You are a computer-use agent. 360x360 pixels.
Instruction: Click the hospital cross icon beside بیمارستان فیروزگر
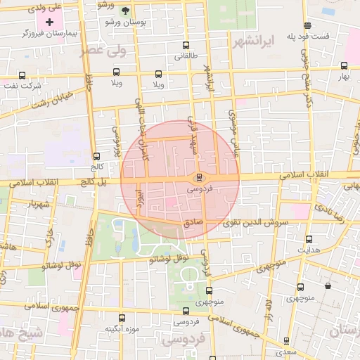(49, 23)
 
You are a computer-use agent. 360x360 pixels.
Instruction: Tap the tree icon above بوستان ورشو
(124, 11)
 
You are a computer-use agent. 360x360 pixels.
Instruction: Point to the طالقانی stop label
(186, 56)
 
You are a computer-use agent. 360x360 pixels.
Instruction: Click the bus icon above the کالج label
(96, 156)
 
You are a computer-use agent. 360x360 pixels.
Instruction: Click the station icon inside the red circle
(200, 176)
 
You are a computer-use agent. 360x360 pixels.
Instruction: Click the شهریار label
(39, 204)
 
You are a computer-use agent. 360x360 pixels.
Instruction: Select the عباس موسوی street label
(235, 127)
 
